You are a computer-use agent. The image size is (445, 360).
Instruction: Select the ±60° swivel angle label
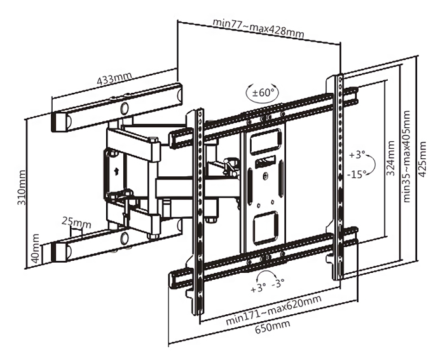point(263,93)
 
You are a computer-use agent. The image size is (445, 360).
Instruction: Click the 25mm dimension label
point(76,222)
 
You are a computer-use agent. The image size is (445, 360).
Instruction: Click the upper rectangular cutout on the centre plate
point(264,141)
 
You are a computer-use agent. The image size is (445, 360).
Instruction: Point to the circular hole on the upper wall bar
point(125,105)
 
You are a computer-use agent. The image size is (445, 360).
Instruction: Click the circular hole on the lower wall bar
point(125,239)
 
